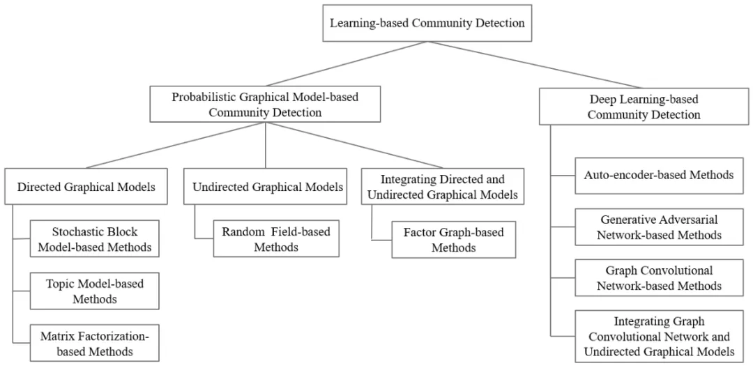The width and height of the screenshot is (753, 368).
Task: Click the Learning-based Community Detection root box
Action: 427,23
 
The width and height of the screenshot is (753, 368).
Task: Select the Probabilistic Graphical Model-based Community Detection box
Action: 266,104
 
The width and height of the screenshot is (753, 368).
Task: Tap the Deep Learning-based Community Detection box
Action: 644,107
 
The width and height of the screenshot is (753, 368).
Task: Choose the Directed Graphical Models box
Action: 86,186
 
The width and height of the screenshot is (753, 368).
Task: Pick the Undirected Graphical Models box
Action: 265,186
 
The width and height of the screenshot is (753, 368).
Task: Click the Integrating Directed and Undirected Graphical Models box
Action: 442,186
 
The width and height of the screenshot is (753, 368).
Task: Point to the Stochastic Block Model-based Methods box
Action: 94,238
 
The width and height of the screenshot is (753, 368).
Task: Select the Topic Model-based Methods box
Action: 94,291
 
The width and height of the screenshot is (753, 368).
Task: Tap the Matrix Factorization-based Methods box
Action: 94,343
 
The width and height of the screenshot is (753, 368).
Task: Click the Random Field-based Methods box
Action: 276,238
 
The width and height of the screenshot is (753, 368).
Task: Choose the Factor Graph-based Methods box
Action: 454,240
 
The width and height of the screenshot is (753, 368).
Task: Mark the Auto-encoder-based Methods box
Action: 659,175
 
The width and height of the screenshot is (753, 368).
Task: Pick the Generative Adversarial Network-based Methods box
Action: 659,227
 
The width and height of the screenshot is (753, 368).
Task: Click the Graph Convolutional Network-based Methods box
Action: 659,278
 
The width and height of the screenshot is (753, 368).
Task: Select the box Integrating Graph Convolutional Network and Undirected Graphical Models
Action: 659,336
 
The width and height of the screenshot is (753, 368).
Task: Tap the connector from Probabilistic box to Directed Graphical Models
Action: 176,145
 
